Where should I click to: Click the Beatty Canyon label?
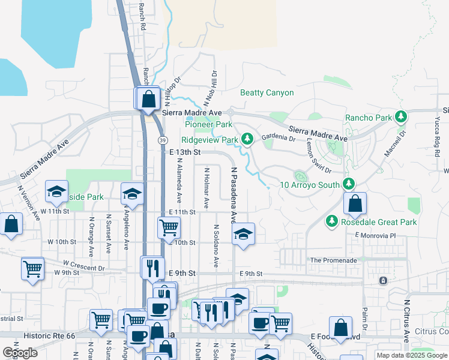click(267, 93)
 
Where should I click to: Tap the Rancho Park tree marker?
click(402, 117)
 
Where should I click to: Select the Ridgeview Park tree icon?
click(247, 140)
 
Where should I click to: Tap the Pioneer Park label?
click(208, 125)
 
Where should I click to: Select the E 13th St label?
click(184, 152)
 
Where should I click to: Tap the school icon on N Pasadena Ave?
click(243, 233)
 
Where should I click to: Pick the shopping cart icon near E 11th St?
click(169, 227)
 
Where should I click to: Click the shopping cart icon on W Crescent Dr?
click(32, 268)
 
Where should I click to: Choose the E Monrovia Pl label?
click(375, 235)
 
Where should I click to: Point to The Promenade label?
click(333, 260)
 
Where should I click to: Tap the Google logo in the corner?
click(20, 352)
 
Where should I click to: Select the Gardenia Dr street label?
click(279, 138)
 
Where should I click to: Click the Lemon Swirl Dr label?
click(314, 149)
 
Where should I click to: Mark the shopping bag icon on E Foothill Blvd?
click(340, 328)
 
